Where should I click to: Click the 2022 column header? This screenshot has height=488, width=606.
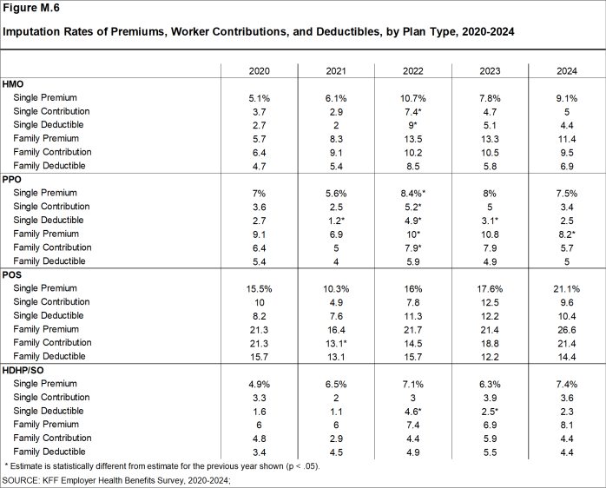[x=413, y=69]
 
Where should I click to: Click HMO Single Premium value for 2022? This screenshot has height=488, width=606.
[x=413, y=98]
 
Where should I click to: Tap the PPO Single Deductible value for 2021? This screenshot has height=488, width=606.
[x=337, y=221]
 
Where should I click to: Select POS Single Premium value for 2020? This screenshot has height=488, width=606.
[x=260, y=288]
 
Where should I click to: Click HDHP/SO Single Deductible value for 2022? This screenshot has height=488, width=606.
[x=413, y=411]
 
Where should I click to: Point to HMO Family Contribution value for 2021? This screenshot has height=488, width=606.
[x=337, y=152]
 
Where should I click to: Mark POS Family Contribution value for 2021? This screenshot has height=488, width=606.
[x=337, y=343]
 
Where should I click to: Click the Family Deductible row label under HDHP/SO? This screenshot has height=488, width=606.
[x=49, y=452]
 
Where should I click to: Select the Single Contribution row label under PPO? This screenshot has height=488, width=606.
[x=51, y=207]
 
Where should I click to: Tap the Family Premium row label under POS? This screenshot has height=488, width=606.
[x=47, y=329]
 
